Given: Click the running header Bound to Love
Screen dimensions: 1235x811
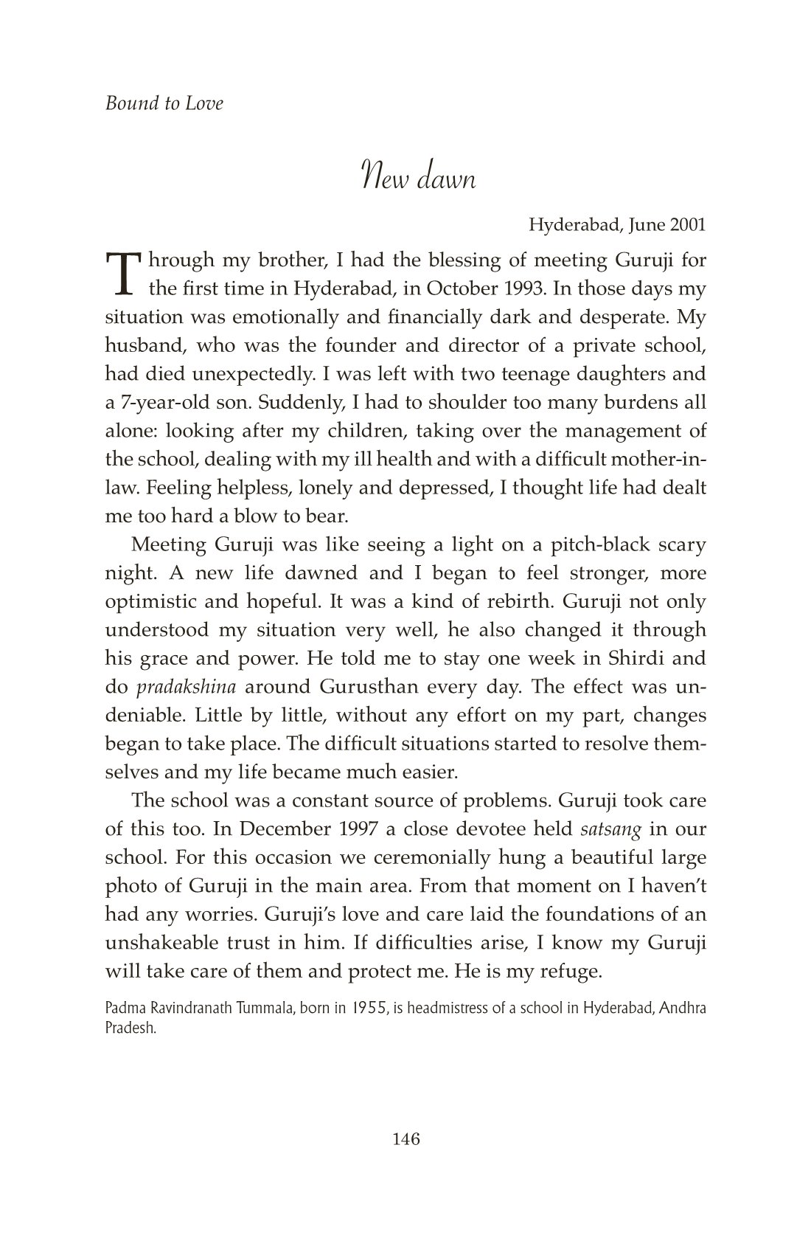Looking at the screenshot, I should click(164, 103).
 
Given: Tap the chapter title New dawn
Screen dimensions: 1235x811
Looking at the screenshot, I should click(418, 179).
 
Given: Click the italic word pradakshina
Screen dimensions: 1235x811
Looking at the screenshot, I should click(187, 687).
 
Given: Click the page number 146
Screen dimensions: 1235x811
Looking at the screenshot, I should click(405, 1140).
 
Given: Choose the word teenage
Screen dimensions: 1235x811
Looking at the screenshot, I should click(537, 374).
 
